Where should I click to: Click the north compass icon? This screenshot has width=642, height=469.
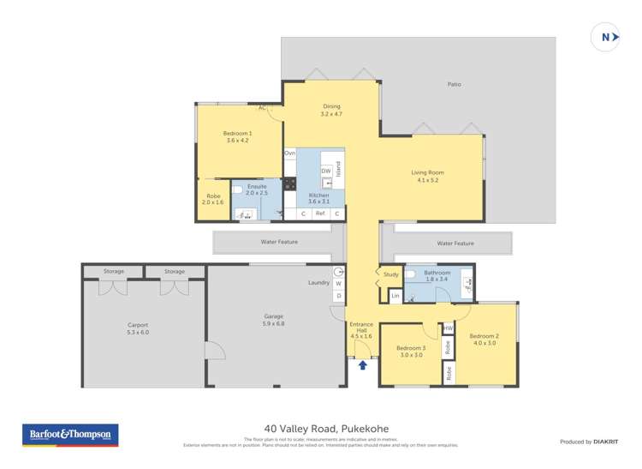pyautogui.click(x=606, y=37)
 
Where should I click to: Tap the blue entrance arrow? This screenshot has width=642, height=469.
pyautogui.click(x=363, y=365)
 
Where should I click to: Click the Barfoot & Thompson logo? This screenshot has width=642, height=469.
pyautogui.click(x=70, y=435)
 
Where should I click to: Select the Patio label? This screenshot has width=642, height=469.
pyautogui.click(x=455, y=84)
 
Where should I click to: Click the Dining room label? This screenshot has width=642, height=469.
pyautogui.click(x=331, y=110)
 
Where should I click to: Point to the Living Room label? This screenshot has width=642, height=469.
pyautogui.click(x=427, y=176)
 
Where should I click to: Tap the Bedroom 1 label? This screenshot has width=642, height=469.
pyautogui.click(x=237, y=136)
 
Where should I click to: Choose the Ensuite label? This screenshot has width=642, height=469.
pyautogui.click(x=257, y=189)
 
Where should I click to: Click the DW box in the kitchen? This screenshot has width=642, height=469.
pyautogui.click(x=326, y=171)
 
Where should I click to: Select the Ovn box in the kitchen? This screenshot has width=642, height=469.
pyautogui.click(x=290, y=153)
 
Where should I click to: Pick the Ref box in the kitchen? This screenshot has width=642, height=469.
pyautogui.click(x=320, y=213)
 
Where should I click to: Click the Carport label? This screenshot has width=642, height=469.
pyautogui.click(x=137, y=328)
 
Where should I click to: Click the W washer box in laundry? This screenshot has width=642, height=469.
pyautogui.click(x=339, y=283)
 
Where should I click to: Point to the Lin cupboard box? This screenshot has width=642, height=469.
pyautogui.click(x=395, y=296)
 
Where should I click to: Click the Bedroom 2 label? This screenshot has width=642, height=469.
pyautogui.click(x=484, y=339)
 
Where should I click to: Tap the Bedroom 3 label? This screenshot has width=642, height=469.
pyautogui.click(x=410, y=351)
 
